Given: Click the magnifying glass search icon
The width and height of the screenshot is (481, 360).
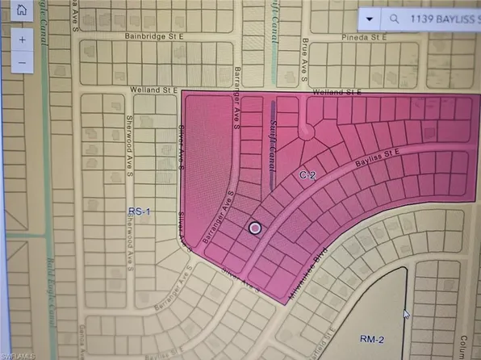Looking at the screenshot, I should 393,16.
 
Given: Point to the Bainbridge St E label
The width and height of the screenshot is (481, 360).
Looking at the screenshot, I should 156,36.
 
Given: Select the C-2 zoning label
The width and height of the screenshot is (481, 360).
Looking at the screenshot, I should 306,174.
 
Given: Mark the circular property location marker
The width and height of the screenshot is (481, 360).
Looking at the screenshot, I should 255,228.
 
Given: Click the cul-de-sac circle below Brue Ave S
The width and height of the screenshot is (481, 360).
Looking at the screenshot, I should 306,132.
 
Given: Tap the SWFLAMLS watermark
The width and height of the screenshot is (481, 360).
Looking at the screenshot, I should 23,354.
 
